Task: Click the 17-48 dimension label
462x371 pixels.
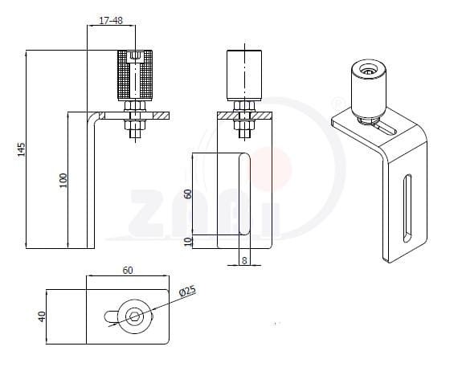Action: (x=111, y=21)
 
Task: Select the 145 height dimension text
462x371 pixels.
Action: (x=21, y=149)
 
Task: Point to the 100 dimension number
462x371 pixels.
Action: (x=63, y=181)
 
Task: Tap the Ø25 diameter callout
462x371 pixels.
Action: (x=187, y=291)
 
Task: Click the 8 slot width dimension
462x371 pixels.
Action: (x=244, y=260)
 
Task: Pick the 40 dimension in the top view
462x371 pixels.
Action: (x=42, y=316)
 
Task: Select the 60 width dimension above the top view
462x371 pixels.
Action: (x=128, y=271)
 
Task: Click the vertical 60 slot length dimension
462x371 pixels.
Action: (x=188, y=194)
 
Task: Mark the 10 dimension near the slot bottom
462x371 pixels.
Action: (x=188, y=242)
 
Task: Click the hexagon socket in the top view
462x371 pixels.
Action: (x=135, y=317)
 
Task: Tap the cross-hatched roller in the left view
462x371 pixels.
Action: (x=135, y=75)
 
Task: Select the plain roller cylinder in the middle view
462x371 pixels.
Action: (x=244, y=75)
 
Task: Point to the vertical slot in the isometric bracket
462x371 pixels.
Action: (x=407, y=208)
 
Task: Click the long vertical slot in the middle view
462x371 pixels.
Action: (x=244, y=194)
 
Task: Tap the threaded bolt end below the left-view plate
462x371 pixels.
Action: (x=135, y=134)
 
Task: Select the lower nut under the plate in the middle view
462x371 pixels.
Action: (x=244, y=125)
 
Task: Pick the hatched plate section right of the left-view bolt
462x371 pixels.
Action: (x=161, y=116)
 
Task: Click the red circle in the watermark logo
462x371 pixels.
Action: (x=271, y=169)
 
